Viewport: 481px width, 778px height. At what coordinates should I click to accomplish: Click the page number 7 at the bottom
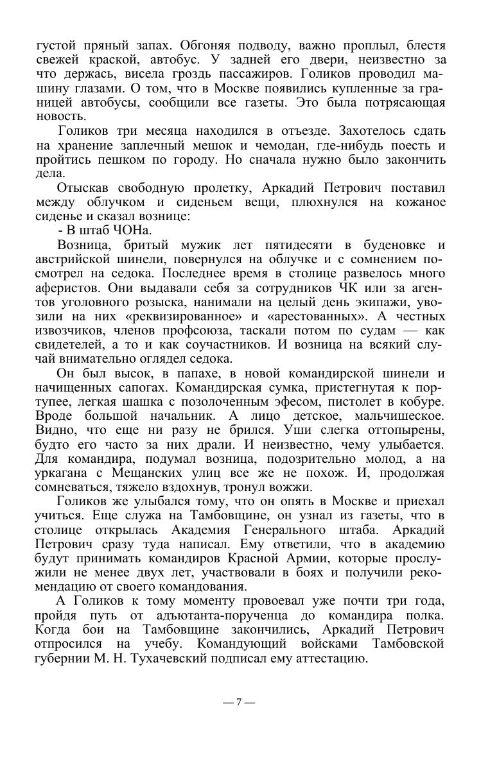pos(239,702)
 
